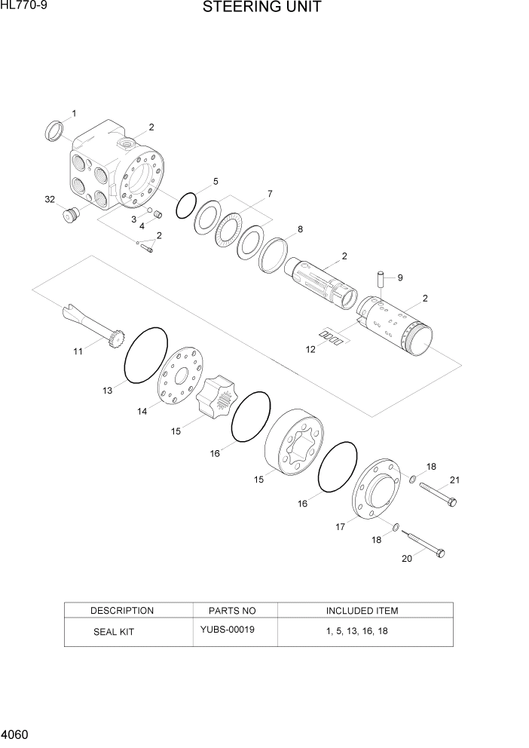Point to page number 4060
tap(17, 733)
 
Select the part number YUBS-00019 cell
tap(227, 630)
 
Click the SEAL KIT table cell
tap(113, 632)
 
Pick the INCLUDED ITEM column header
tap(362, 610)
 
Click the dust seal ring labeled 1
tap(54, 130)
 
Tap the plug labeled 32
tap(70, 216)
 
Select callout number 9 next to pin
tap(399, 277)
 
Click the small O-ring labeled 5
tap(186, 205)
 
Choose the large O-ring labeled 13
tap(144, 356)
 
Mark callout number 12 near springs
tap(310, 348)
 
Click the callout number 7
tap(270, 195)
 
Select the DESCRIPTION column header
tap(121, 610)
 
